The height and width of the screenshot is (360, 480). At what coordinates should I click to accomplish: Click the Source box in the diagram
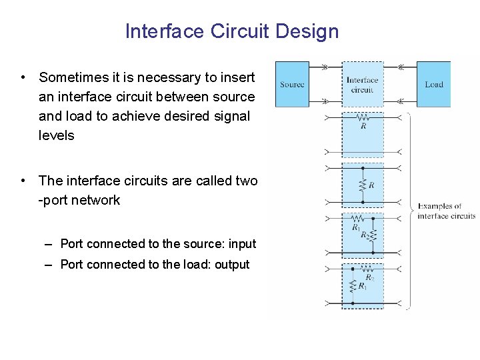point(292,84)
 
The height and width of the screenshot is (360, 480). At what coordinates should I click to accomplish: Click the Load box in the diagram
point(434,84)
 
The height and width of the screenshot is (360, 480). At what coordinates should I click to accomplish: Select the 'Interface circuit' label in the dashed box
point(362,85)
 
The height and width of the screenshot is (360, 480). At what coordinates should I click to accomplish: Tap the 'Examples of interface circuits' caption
point(446,211)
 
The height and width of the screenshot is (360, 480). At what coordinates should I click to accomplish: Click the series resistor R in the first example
point(362,117)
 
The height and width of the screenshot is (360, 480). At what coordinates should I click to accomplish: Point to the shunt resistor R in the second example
point(363,185)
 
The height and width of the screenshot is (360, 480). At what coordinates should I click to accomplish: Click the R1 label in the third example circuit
point(356,227)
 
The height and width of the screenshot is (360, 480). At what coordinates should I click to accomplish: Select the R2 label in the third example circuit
point(365,235)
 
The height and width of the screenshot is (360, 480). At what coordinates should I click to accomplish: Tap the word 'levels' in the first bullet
point(57,135)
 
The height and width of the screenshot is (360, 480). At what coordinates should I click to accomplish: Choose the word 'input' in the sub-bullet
point(241,244)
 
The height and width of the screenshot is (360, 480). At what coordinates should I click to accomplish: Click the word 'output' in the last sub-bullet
point(232,265)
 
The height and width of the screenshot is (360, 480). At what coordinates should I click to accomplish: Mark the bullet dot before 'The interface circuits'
point(23,181)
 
